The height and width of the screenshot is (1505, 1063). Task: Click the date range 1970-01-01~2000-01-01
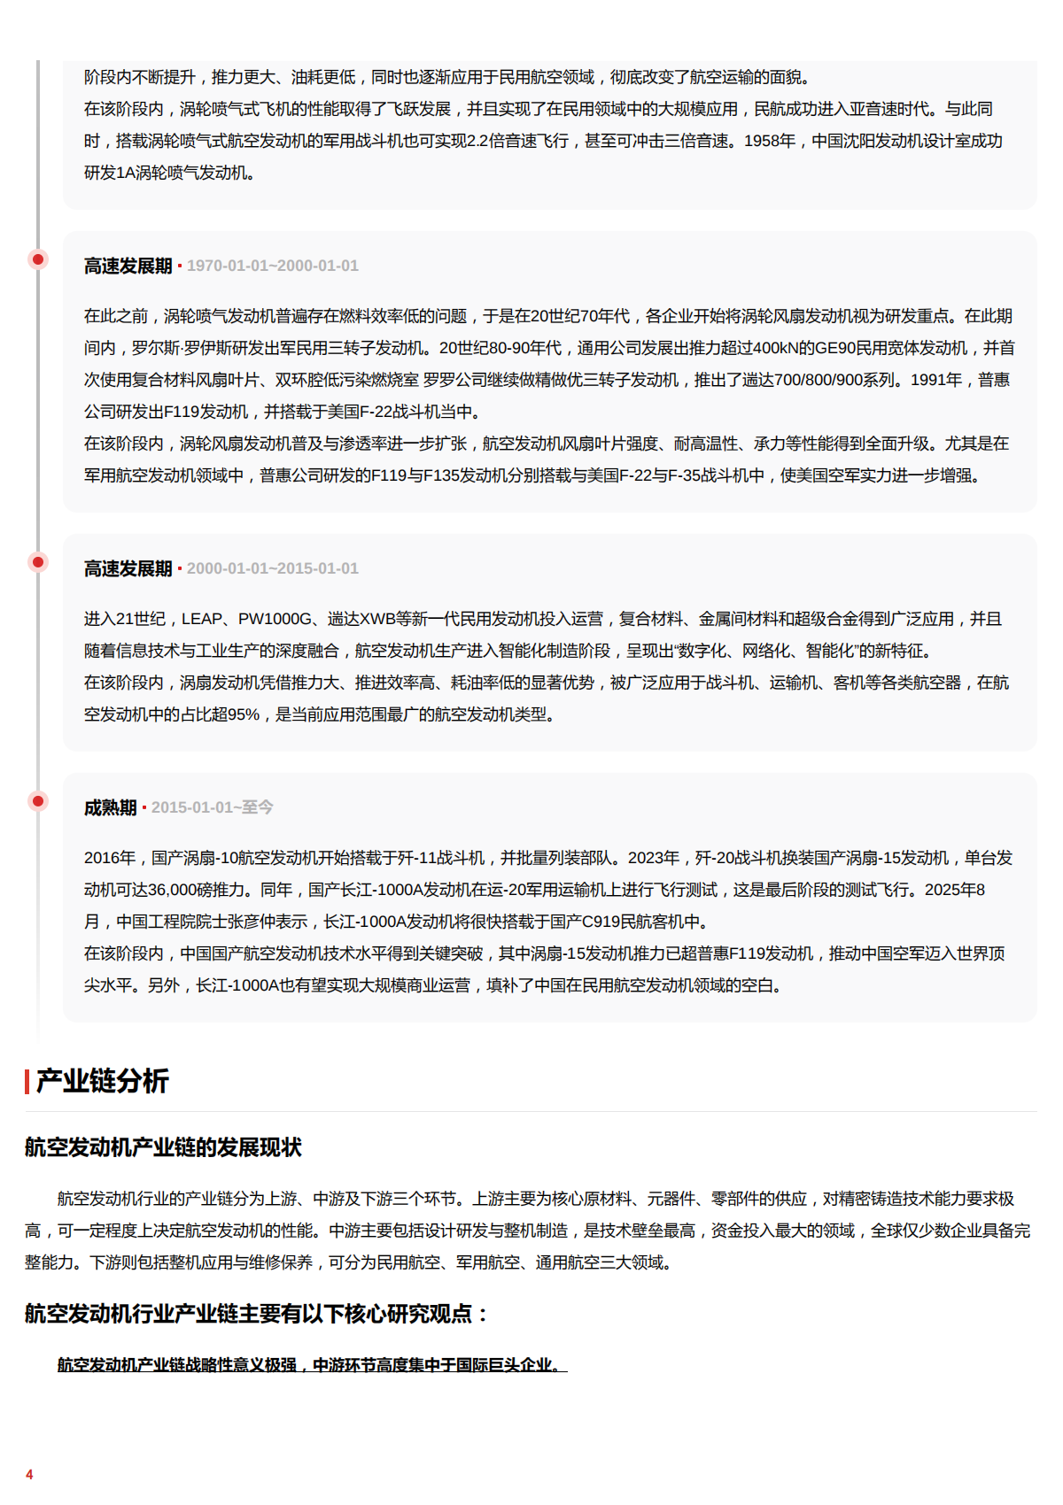pos(272,266)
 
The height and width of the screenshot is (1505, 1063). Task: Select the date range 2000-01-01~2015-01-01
pos(272,568)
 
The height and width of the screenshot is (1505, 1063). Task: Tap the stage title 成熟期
pos(111,807)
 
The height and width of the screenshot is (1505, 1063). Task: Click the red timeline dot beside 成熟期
pos(38,801)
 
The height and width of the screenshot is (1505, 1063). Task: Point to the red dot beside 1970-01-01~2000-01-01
pos(38,259)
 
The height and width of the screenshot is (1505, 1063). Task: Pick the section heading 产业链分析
pos(102,1081)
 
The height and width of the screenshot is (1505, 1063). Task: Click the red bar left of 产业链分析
pos(27,1081)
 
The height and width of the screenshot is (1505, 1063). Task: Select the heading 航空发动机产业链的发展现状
pos(163,1147)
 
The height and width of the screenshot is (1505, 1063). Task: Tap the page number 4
pos(29,1474)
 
